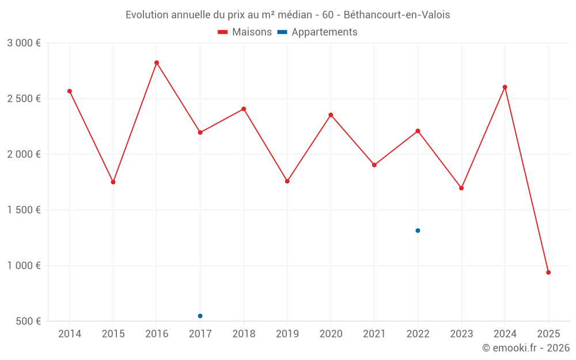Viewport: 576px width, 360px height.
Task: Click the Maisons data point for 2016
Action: tap(157, 63)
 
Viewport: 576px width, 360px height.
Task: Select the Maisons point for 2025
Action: tap(548, 272)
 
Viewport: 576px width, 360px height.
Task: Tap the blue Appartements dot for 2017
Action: tap(200, 316)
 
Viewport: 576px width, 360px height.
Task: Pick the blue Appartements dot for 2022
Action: tap(418, 230)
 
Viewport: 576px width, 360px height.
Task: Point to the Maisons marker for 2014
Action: tap(70, 91)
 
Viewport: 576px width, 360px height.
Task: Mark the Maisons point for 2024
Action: tap(505, 87)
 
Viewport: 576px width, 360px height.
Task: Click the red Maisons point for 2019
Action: tap(287, 181)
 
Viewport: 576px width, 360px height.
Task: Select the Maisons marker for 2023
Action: tap(461, 188)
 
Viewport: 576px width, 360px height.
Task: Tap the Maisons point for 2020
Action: tap(331, 115)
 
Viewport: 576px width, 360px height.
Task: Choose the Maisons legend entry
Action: tap(245, 32)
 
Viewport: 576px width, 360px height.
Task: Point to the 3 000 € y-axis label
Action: tap(24, 43)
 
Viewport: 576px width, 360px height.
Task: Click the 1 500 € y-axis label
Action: tap(24, 210)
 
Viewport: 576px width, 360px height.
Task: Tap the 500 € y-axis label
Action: tap(28, 321)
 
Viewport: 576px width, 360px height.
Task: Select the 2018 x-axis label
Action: tap(244, 334)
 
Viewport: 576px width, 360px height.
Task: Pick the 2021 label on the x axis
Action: tap(374, 334)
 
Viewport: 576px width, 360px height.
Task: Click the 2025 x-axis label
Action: tap(548, 334)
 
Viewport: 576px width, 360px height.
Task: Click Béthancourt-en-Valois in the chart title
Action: tap(397, 14)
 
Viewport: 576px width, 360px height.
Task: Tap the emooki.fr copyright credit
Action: tap(526, 348)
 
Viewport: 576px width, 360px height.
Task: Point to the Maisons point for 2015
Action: tap(113, 182)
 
